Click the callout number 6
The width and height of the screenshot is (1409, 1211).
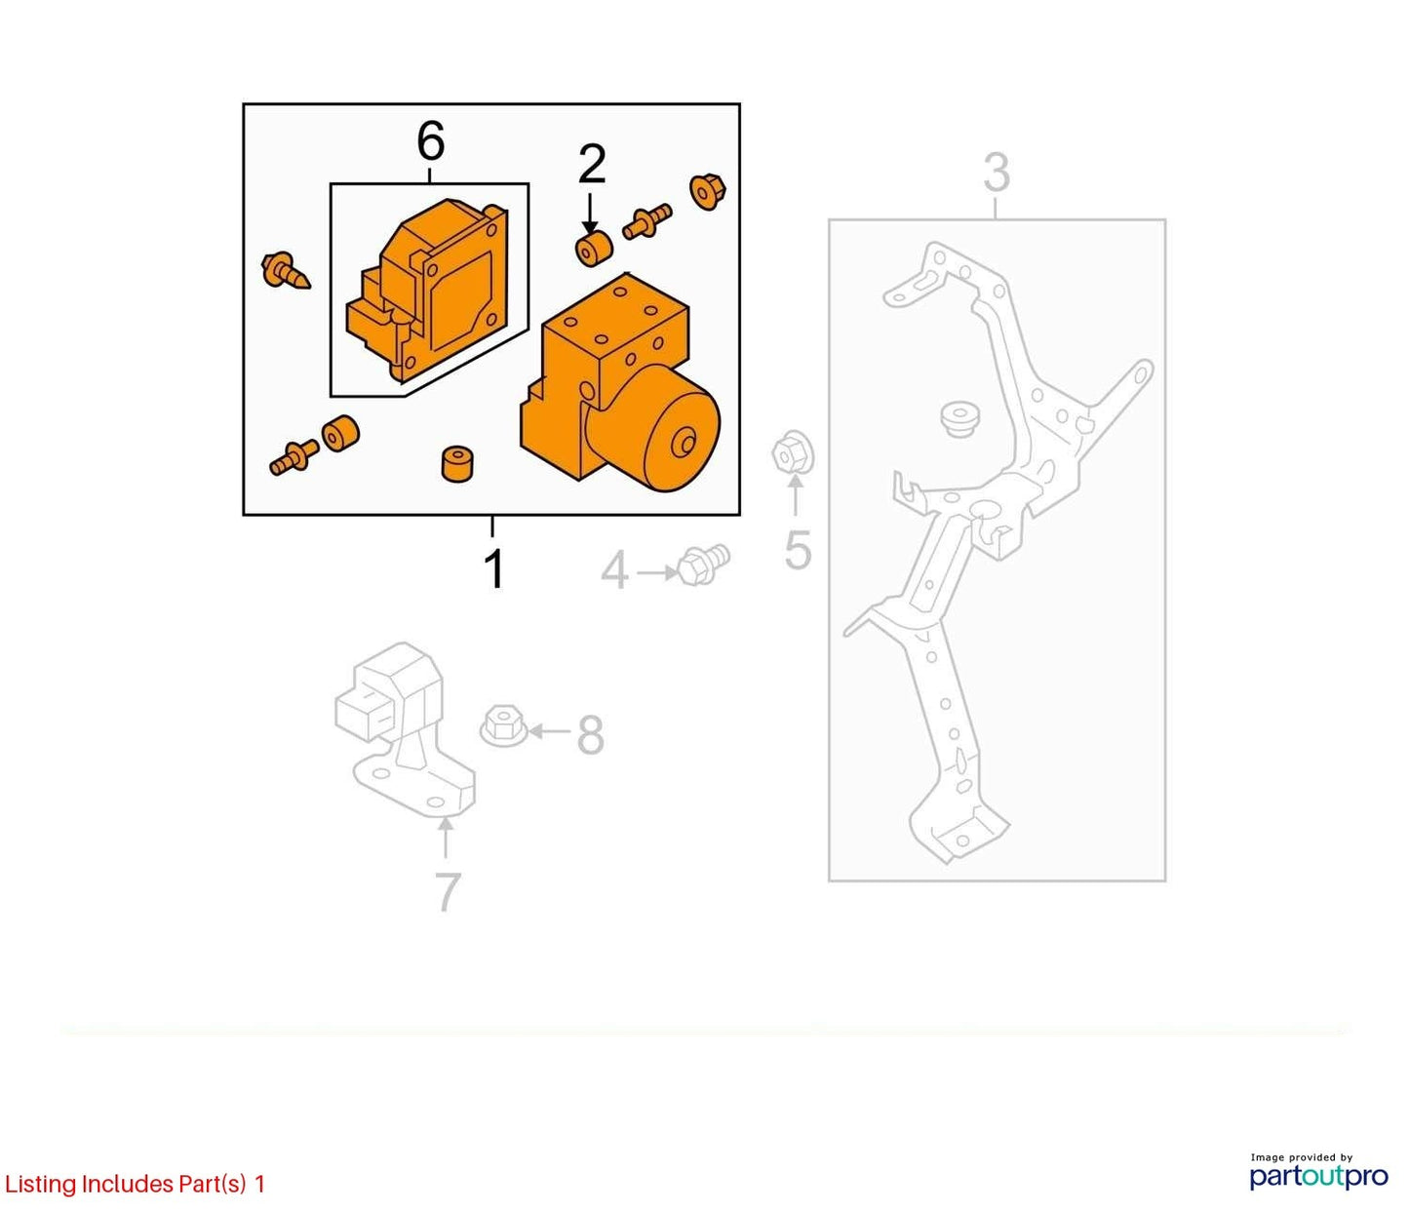point(430,141)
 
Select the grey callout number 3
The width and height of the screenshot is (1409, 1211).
point(996,174)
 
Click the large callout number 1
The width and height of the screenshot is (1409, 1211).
point(493,568)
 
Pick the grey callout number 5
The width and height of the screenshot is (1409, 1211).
point(798,550)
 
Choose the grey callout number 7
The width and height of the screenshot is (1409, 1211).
point(448,892)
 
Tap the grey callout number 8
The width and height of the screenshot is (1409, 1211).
point(590,735)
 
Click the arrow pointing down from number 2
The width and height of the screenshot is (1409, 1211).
point(590,215)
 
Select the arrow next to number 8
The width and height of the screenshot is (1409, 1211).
point(550,732)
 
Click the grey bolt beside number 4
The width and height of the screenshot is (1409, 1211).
point(704,565)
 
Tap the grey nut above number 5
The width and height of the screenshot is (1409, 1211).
point(793,451)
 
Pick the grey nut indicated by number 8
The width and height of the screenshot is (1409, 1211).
point(503,727)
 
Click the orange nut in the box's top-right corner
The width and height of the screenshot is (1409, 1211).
point(708,191)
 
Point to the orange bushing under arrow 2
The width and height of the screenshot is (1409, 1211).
point(593,251)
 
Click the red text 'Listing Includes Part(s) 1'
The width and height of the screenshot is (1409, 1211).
point(135,1184)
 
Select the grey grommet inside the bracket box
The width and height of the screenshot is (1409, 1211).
point(959,419)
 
